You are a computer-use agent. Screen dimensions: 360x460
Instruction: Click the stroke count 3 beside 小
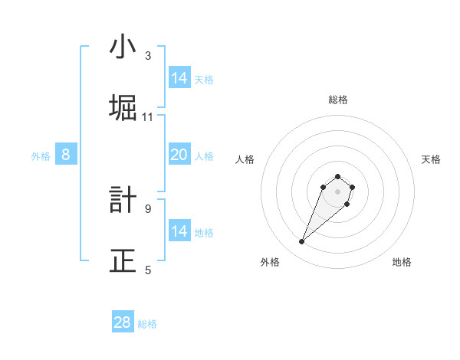(148, 56)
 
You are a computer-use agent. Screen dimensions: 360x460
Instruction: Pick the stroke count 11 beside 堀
(148, 117)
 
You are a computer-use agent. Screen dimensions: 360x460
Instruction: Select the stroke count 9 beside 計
(148, 208)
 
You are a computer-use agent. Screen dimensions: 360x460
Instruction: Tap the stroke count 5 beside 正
(148, 270)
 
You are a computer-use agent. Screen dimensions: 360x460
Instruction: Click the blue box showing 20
(179, 155)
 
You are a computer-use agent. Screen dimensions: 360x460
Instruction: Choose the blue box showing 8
(66, 155)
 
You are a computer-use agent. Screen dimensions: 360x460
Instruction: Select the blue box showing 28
(123, 322)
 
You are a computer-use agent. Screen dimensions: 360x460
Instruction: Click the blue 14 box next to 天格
(179, 78)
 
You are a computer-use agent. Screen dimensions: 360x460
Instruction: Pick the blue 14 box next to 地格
(179, 231)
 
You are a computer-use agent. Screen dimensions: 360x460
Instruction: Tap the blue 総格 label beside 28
(147, 324)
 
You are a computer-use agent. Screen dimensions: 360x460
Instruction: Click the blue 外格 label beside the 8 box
(41, 156)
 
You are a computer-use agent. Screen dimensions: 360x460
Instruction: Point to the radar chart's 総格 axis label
(338, 100)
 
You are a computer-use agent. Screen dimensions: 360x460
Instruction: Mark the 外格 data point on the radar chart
(302, 242)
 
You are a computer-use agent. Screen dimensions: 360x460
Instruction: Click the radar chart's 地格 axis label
(402, 262)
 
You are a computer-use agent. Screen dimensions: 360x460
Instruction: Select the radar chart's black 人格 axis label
(245, 159)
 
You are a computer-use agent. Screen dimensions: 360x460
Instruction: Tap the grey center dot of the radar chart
(338, 191)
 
